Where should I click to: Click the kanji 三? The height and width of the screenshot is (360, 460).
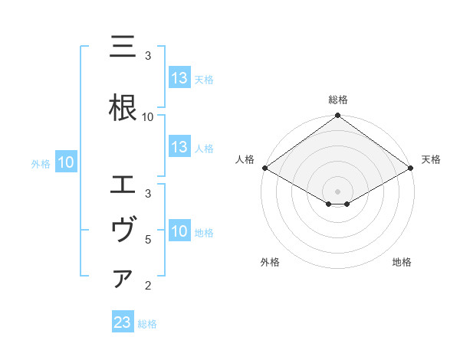[x=123, y=47]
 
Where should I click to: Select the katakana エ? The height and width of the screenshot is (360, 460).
[x=123, y=185]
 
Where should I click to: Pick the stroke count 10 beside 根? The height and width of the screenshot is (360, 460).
[x=148, y=117]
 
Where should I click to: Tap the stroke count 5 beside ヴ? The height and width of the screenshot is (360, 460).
[x=148, y=240]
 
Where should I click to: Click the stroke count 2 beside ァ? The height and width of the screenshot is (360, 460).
[x=148, y=286]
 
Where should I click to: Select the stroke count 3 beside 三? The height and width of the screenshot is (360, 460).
[x=148, y=56]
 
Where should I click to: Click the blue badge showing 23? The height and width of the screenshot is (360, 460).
[x=123, y=323]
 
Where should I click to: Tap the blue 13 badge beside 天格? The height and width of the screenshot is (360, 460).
[x=179, y=78]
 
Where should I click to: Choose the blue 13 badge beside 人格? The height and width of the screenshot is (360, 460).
[x=179, y=147]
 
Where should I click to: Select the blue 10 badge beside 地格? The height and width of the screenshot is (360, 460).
[x=179, y=231]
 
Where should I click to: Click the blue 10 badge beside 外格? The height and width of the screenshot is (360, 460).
[x=65, y=162]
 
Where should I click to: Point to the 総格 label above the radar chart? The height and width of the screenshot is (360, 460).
[x=337, y=100]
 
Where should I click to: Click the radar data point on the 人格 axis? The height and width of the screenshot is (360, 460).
[x=264, y=168]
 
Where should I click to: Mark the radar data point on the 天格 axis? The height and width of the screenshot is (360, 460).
[x=411, y=168]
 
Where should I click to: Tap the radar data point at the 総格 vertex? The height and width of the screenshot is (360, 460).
[x=337, y=116]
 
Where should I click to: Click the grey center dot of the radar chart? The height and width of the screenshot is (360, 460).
[x=337, y=191]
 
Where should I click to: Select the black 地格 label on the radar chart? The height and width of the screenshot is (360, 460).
[x=402, y=262]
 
